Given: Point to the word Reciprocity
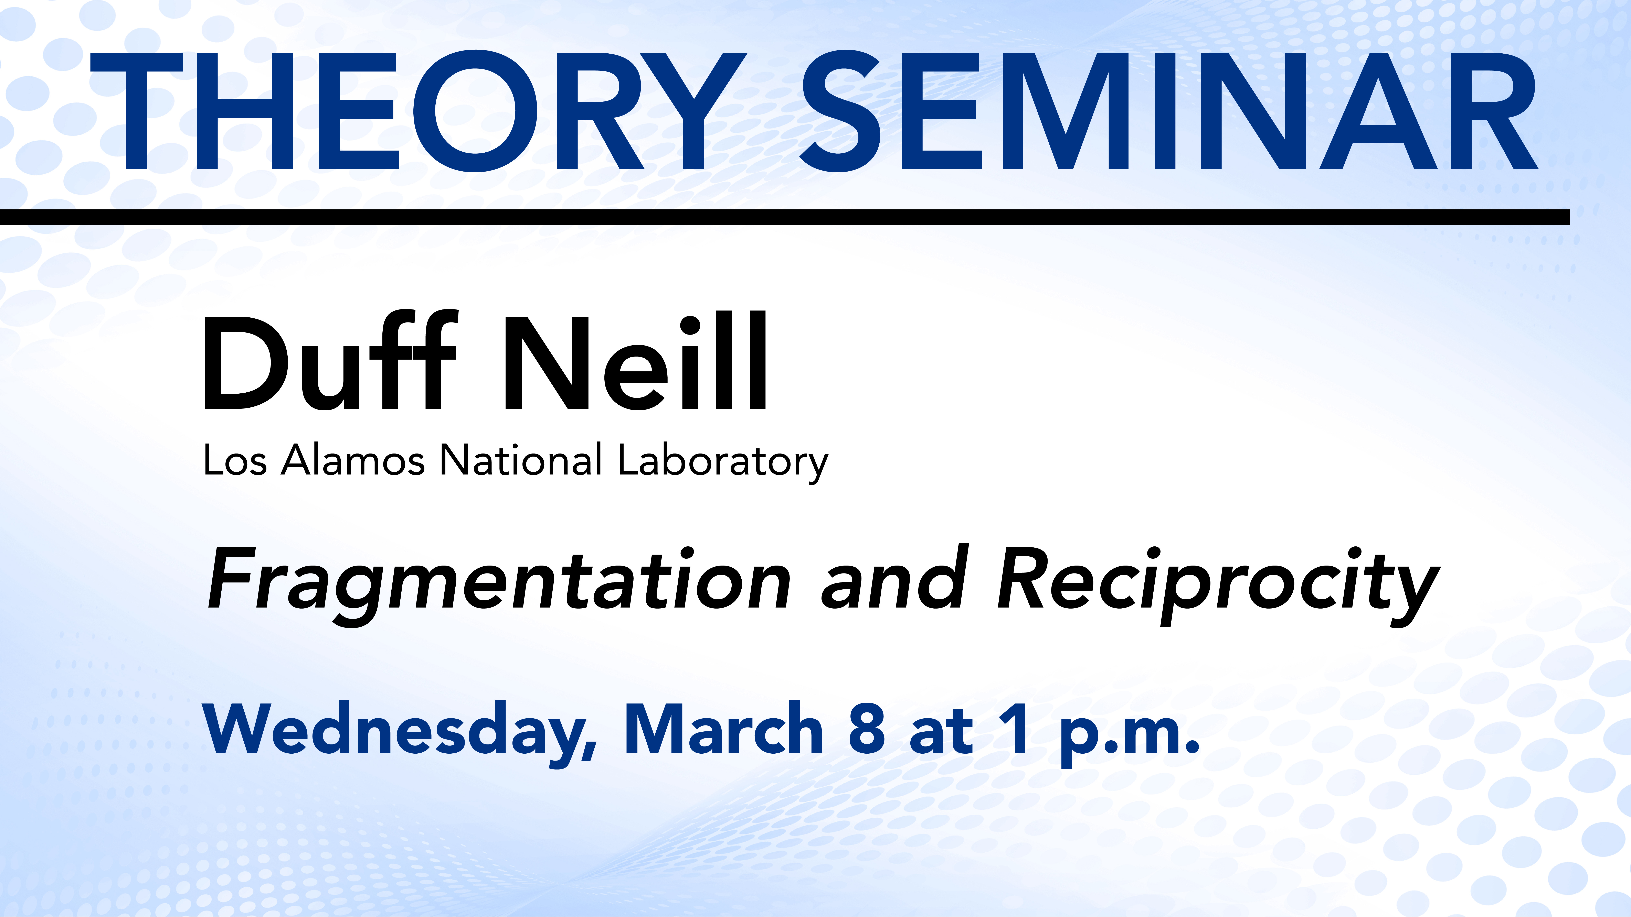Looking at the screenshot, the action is (x=1219, y=585).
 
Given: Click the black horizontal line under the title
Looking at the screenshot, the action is (x=785, y=217).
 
